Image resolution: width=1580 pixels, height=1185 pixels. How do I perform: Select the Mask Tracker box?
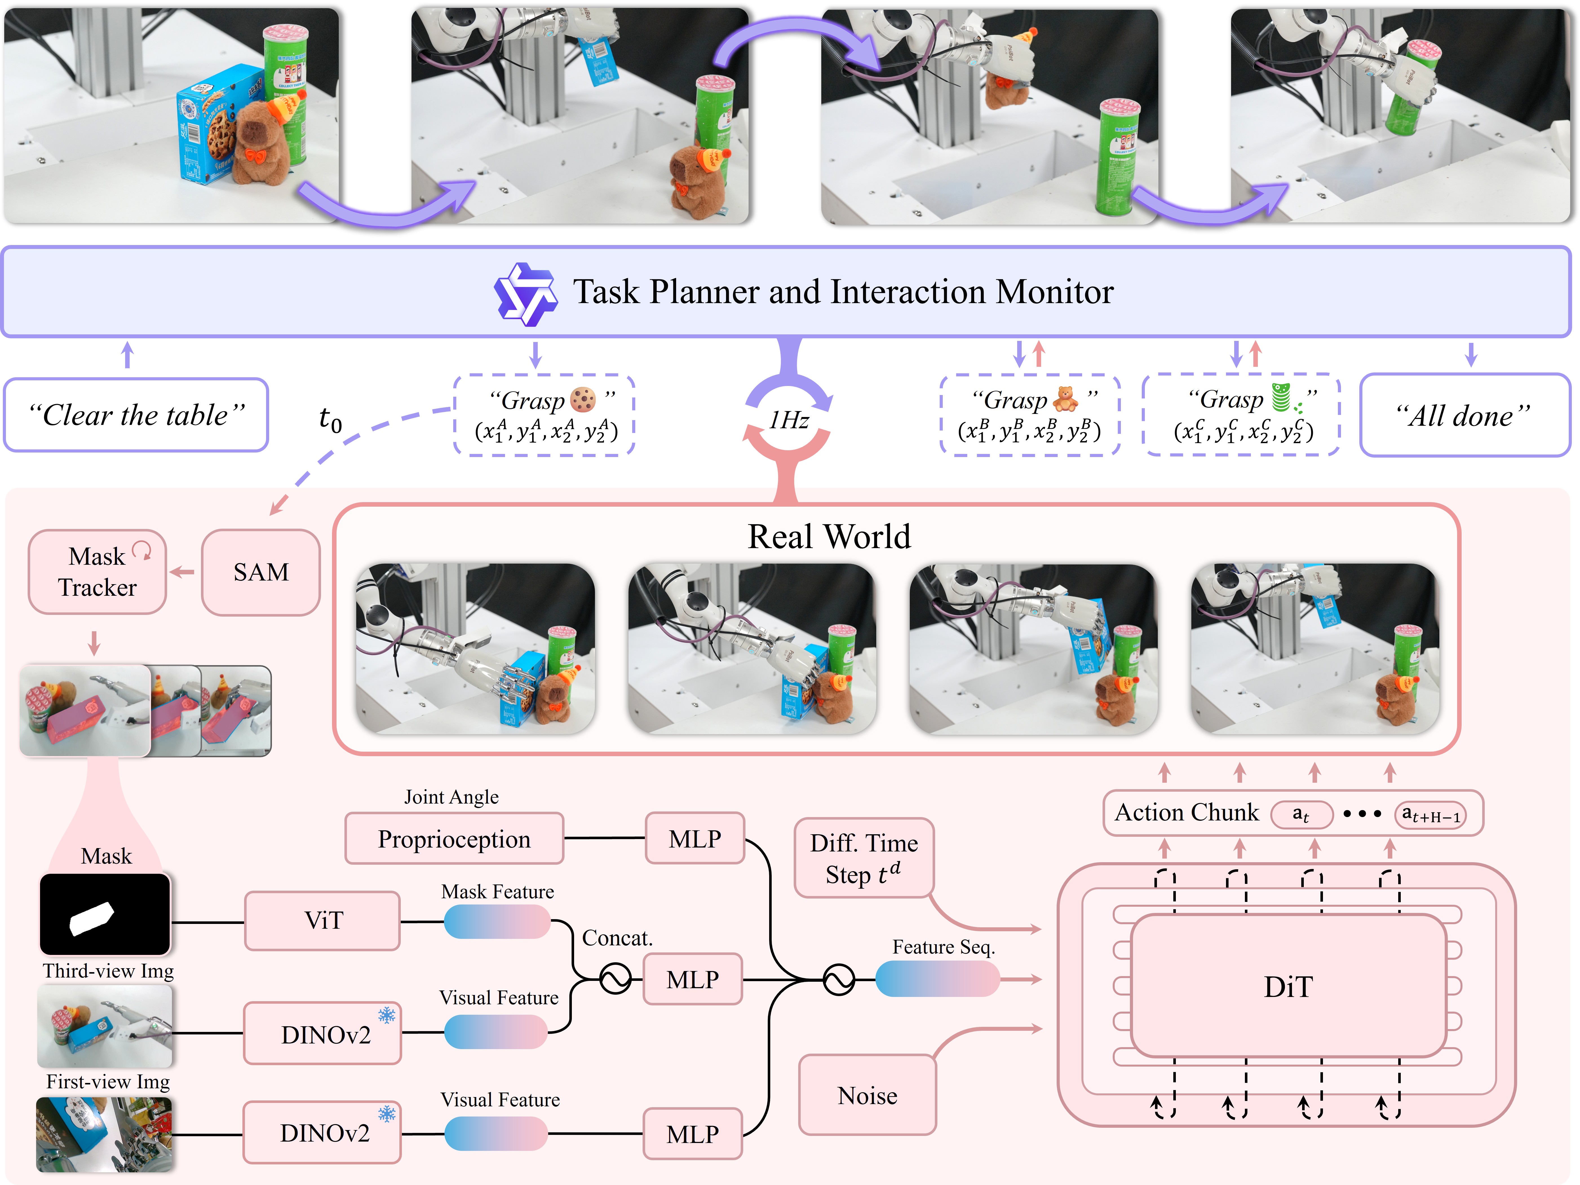click(x=97, y=572)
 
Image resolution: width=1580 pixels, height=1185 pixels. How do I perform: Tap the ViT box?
click(x=323, y=921)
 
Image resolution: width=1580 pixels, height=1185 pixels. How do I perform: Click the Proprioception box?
click(x=454, y=838)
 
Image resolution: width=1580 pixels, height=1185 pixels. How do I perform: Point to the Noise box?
click(x=867, y=1095)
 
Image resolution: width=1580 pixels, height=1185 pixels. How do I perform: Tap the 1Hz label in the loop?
click(x=789, y=420)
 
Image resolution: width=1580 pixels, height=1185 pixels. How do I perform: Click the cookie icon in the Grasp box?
click(x=583, y=399)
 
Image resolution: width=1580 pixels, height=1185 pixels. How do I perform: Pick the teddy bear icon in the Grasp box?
click(x=1065, y=398)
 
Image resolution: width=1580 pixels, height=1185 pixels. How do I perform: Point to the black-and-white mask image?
click(x=105, y=914)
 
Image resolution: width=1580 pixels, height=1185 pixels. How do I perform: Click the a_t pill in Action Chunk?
click(x=1302, y=814)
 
